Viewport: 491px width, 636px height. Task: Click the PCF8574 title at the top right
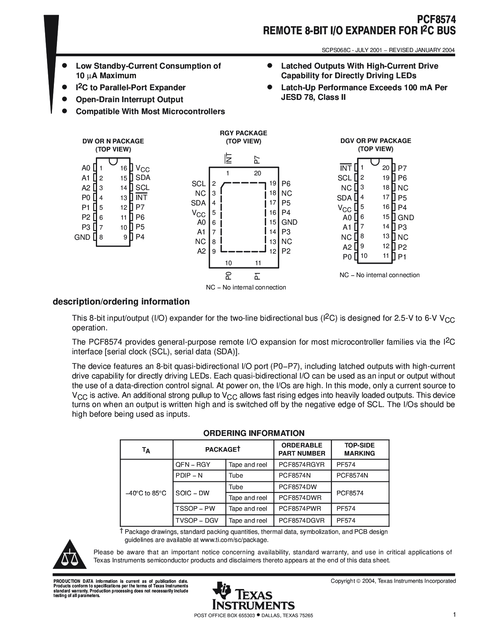coord(436,20)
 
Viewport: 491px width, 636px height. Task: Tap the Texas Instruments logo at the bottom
coord(253,596)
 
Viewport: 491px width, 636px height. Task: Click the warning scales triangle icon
coord(70,556)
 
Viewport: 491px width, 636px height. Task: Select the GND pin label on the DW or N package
coord(82,237)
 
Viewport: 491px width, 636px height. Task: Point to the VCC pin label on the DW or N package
coord(142,168)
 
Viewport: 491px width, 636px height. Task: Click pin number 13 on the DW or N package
coord(123,198)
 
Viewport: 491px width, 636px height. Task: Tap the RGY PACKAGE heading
coord(243,133)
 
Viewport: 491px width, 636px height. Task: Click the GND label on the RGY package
coord(289,222)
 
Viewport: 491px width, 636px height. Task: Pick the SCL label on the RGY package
coord(199,184)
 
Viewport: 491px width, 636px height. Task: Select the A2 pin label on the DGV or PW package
coord(347,247)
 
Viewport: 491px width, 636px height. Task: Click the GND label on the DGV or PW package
coord(406,217)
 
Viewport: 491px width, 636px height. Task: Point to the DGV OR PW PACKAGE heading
coord(375,141)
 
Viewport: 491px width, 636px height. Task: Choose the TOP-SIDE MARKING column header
coord(359,449)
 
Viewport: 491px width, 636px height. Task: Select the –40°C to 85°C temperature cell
coord(146,493)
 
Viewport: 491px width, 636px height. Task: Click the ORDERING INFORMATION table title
coord(254,433)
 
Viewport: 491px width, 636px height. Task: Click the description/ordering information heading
coord(121,302)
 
